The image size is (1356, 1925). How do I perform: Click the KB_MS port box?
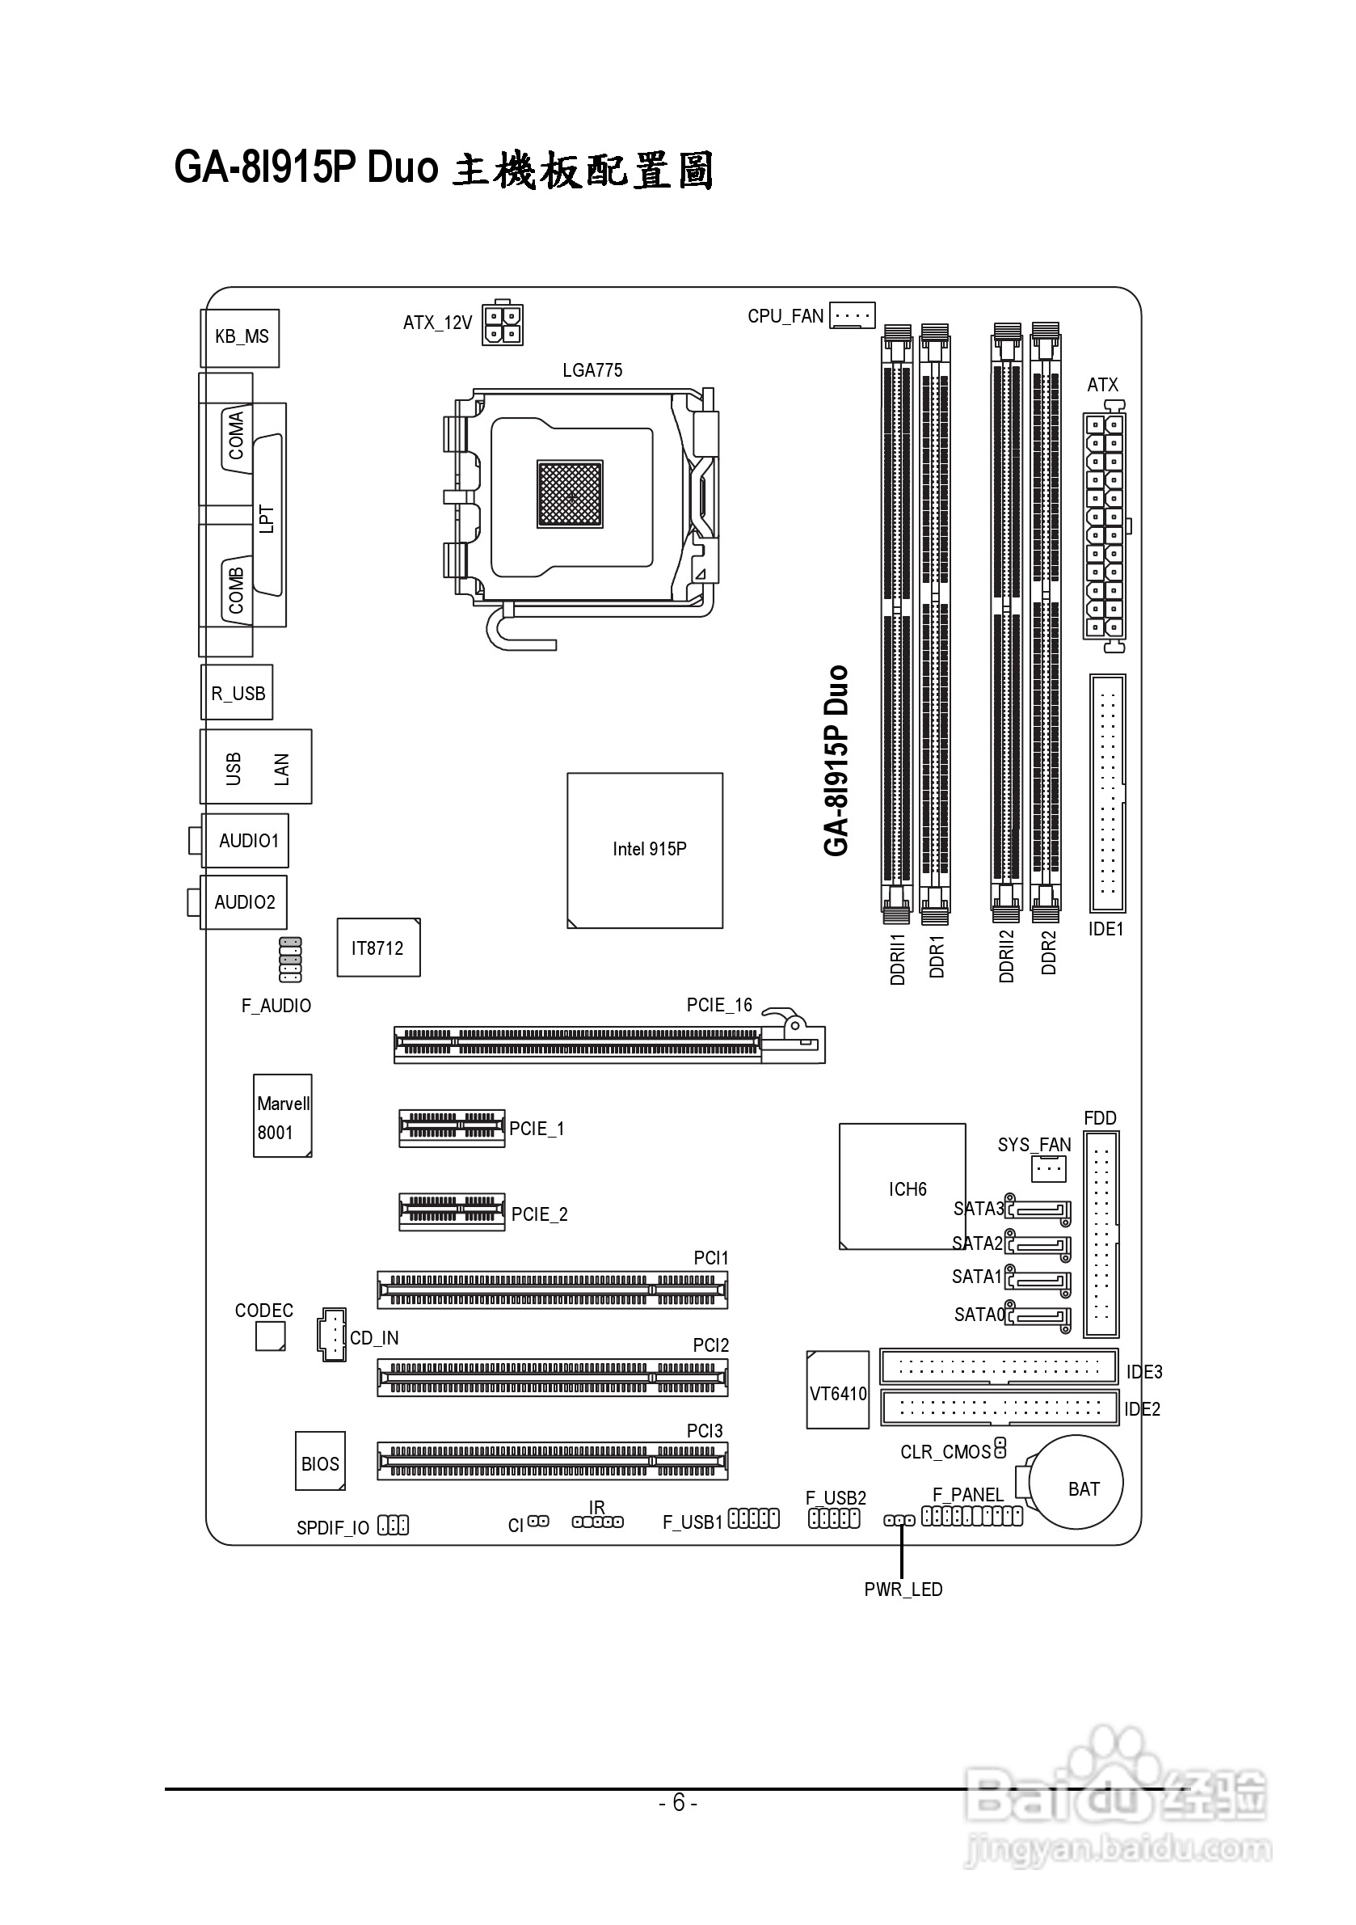(x=241, y=338)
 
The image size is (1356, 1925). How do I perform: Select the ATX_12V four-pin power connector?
(x=502, y=323)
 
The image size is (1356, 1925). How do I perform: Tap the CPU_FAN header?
(x=852, y=315)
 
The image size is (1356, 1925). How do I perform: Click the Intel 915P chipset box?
(x=645, y=850)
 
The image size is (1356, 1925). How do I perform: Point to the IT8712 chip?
(x=378, y=948)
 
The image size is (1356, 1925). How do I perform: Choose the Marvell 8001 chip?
(x=282, y=1116)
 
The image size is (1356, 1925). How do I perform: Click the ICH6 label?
(x=907, y=1188)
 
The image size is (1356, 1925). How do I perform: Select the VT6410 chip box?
(x=837, y=1394)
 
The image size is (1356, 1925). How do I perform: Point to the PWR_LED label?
(x=903, y=1589)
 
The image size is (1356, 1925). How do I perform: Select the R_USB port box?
(x=237, y=694)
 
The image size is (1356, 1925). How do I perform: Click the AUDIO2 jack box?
(x=244, y=902)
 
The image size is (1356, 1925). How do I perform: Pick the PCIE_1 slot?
(x=452, y=1129)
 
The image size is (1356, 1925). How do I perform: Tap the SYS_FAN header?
(x=1047, y=1168)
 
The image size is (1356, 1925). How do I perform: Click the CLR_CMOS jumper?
(x=999, y=1448)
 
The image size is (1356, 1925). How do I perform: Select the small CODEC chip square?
(x=270, y=1336)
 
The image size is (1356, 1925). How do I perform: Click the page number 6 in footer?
(x=678, y=1803)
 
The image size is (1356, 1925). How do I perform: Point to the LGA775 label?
(x=592, y=369)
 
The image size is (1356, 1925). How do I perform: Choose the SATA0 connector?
(x=1039, y=1317)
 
